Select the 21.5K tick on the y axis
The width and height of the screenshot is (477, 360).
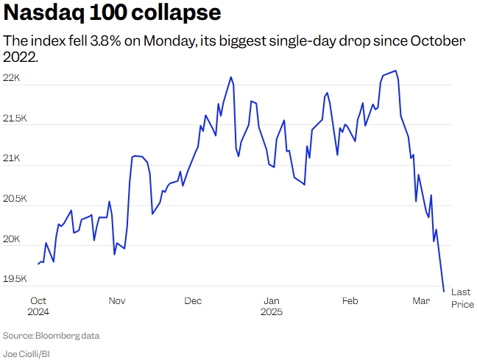coord(17,119)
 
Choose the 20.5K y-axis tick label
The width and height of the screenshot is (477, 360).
coord(17,199)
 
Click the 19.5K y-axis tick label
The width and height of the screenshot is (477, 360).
coord(17,279)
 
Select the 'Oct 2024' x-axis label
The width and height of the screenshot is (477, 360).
coord(38,306)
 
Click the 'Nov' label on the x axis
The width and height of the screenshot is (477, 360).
coord(117,300)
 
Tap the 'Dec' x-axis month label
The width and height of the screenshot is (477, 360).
coord(193,300)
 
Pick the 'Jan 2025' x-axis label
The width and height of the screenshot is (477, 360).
coord(272,306)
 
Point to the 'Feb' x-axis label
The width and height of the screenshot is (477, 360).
coord(350,300)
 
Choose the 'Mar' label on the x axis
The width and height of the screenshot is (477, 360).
coord(421,300)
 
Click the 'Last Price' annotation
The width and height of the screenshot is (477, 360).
coord(462,298)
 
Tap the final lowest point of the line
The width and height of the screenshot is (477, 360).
coord(443,291)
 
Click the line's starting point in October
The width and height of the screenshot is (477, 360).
coord(38,264)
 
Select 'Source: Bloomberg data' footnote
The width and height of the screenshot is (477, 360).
coord(51,336)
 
